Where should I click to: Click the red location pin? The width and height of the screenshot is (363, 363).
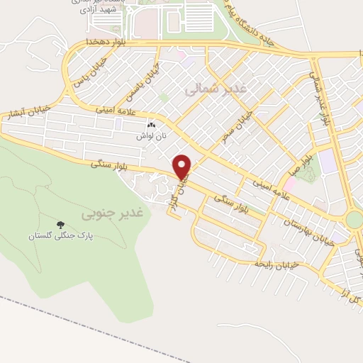click(x=183, y=167)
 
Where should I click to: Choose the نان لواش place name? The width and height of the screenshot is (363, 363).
click(x=151, y=134)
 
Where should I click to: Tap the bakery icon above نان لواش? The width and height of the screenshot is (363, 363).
click(x=151, y=125)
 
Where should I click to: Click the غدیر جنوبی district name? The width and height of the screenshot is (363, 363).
click(x=112, y=212)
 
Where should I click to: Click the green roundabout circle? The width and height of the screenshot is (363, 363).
click(x=354, y=220)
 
